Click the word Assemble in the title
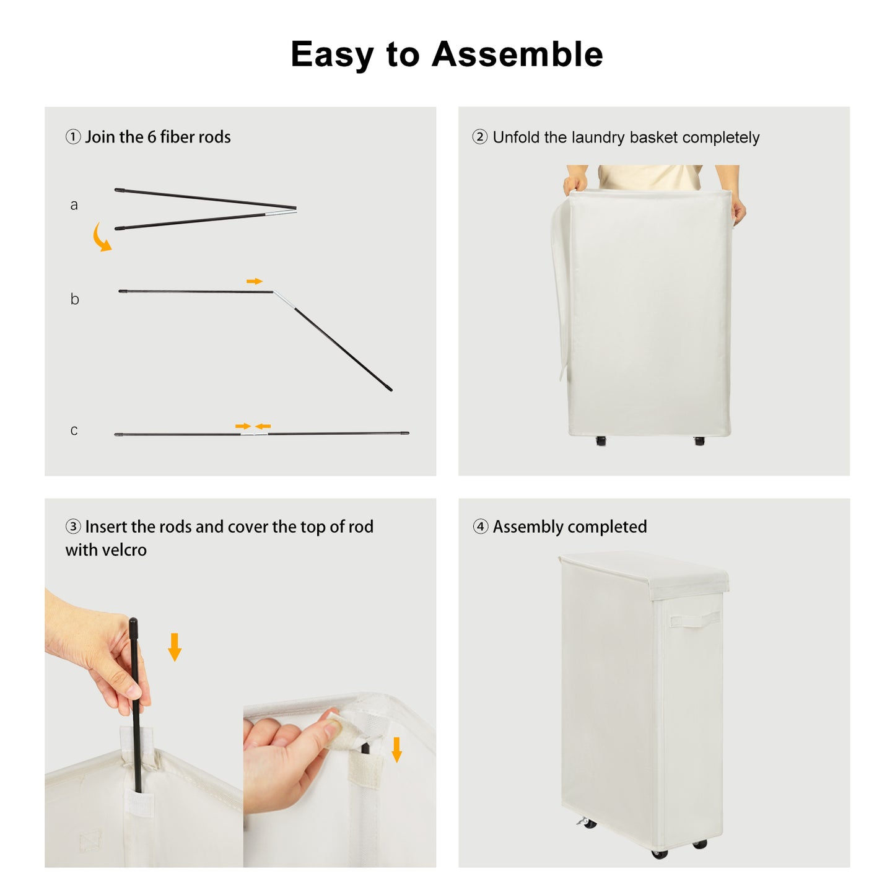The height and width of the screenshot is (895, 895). point(517,55)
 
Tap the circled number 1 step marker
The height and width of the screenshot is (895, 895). point(73,137)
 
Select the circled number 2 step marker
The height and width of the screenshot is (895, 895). point(480,137)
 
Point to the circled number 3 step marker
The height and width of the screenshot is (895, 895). point(73,526)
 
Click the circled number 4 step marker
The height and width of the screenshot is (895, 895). point(480,526)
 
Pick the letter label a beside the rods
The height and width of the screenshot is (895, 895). point(74,205)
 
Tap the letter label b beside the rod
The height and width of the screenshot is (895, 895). point(75,299)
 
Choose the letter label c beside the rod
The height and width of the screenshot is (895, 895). point(74,430)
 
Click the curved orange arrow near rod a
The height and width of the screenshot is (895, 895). point(100,238)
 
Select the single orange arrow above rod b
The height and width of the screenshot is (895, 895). point(255,281)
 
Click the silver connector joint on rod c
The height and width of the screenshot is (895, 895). point(254,434)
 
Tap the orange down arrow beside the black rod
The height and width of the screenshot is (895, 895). point(175,647)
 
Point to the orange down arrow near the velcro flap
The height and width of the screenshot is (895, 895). point(396,749)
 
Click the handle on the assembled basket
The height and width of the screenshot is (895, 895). point(694,619)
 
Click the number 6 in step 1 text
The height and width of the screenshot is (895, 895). point(151,137)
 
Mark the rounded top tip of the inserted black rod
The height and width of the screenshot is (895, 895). point(133,621)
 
